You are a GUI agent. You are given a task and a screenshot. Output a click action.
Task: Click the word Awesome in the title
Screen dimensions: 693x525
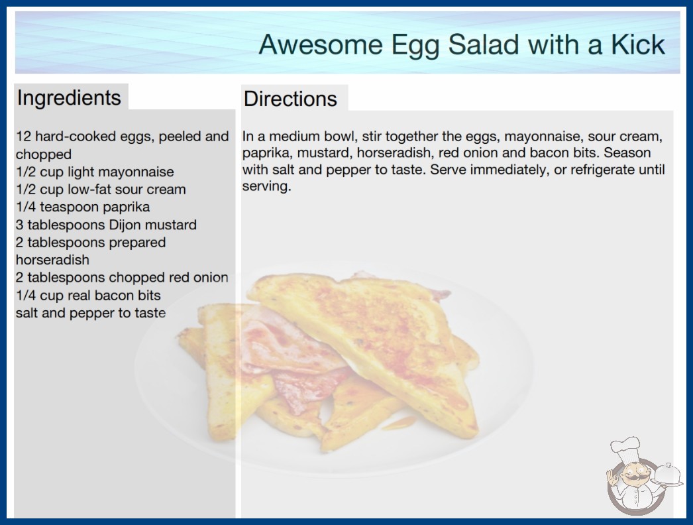click(321, 44)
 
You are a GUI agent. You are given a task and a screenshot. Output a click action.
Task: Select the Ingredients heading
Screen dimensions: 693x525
click(69, 98)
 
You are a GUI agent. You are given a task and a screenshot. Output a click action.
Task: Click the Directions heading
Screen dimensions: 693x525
click(290, 99)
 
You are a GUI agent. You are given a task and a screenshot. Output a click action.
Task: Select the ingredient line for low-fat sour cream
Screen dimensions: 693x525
click(101, 190)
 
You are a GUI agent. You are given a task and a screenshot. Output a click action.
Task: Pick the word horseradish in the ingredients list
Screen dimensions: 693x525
click(52, 260)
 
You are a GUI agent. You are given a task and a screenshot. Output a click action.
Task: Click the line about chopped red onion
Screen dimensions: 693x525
click(122, 278)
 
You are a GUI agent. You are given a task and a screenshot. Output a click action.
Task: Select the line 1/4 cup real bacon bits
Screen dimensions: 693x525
click(88, 296)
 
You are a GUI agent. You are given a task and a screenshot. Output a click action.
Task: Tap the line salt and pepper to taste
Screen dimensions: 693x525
click(91, 313)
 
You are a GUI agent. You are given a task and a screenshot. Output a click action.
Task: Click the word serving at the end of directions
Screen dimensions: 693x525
click(266, 186)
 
